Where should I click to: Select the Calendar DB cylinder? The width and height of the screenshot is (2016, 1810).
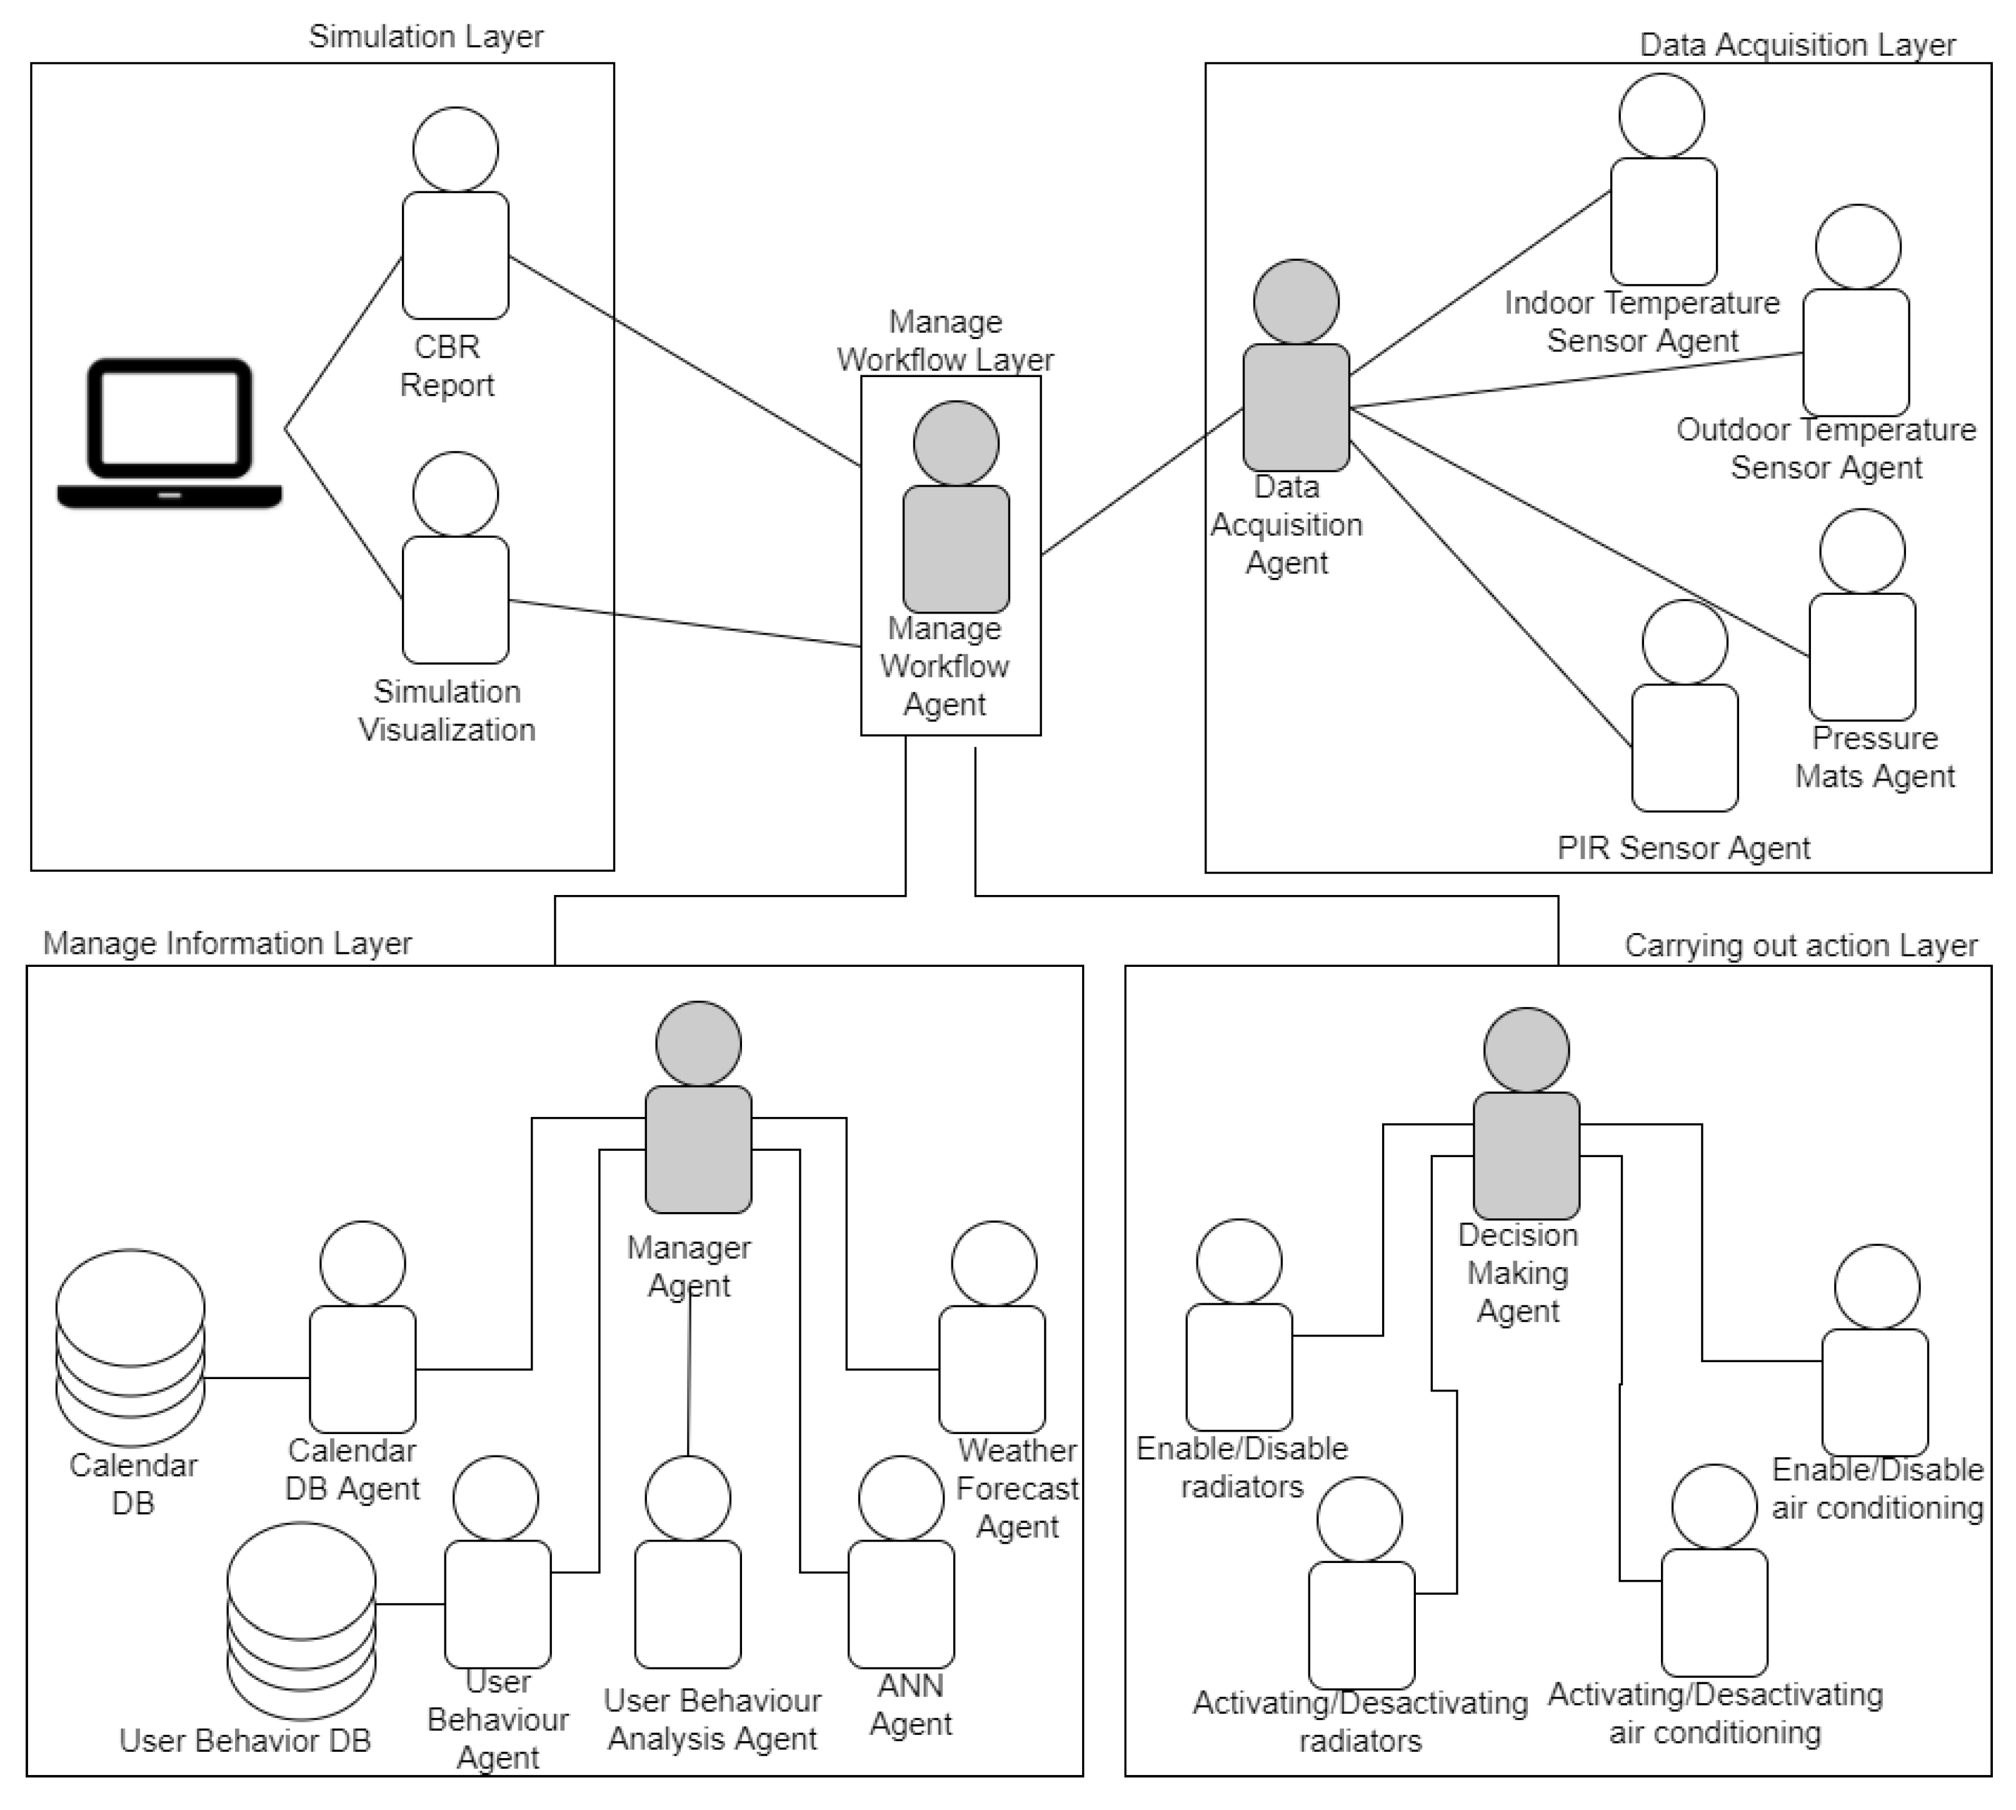click(x=130, y=1348)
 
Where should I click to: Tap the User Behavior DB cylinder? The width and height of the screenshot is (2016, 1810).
click(x=301, y=1621)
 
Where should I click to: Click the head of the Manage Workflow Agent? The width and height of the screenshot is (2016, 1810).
click(x=955, y=443)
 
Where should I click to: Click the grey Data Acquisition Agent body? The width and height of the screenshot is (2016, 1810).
click(x=1295, y=408)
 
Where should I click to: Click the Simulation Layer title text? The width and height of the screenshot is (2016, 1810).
click(x=426, y=37)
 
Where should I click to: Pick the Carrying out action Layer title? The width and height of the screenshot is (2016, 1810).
click(x=1800, y=945)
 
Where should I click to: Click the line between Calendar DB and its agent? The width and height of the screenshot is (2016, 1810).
click(x=256, y=1378)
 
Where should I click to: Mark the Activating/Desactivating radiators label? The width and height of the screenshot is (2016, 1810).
click(x=1360, y=1721)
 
